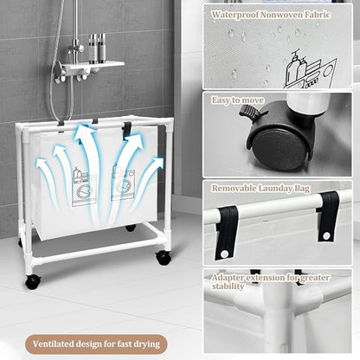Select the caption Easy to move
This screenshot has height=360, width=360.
click(x=238, y=101)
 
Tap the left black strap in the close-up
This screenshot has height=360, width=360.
click(x=228, y=227)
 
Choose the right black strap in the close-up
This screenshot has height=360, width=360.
click(x=327, y=216)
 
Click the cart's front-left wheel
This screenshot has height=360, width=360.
click(x=33, y=281)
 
